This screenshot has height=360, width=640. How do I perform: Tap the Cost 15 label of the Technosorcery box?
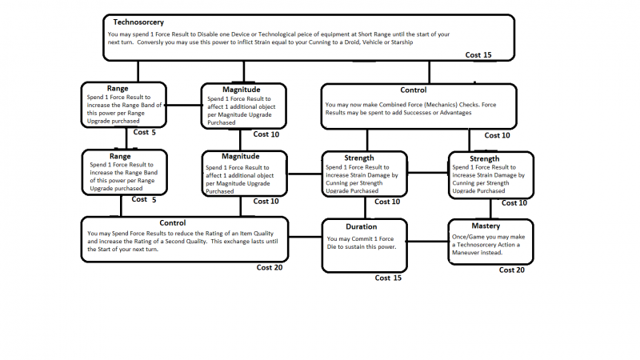478,54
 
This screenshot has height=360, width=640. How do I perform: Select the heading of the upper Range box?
118,88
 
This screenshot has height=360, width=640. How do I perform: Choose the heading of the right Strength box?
484,158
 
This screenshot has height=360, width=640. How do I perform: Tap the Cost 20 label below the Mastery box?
512,270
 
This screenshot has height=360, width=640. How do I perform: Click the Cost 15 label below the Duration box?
388,278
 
